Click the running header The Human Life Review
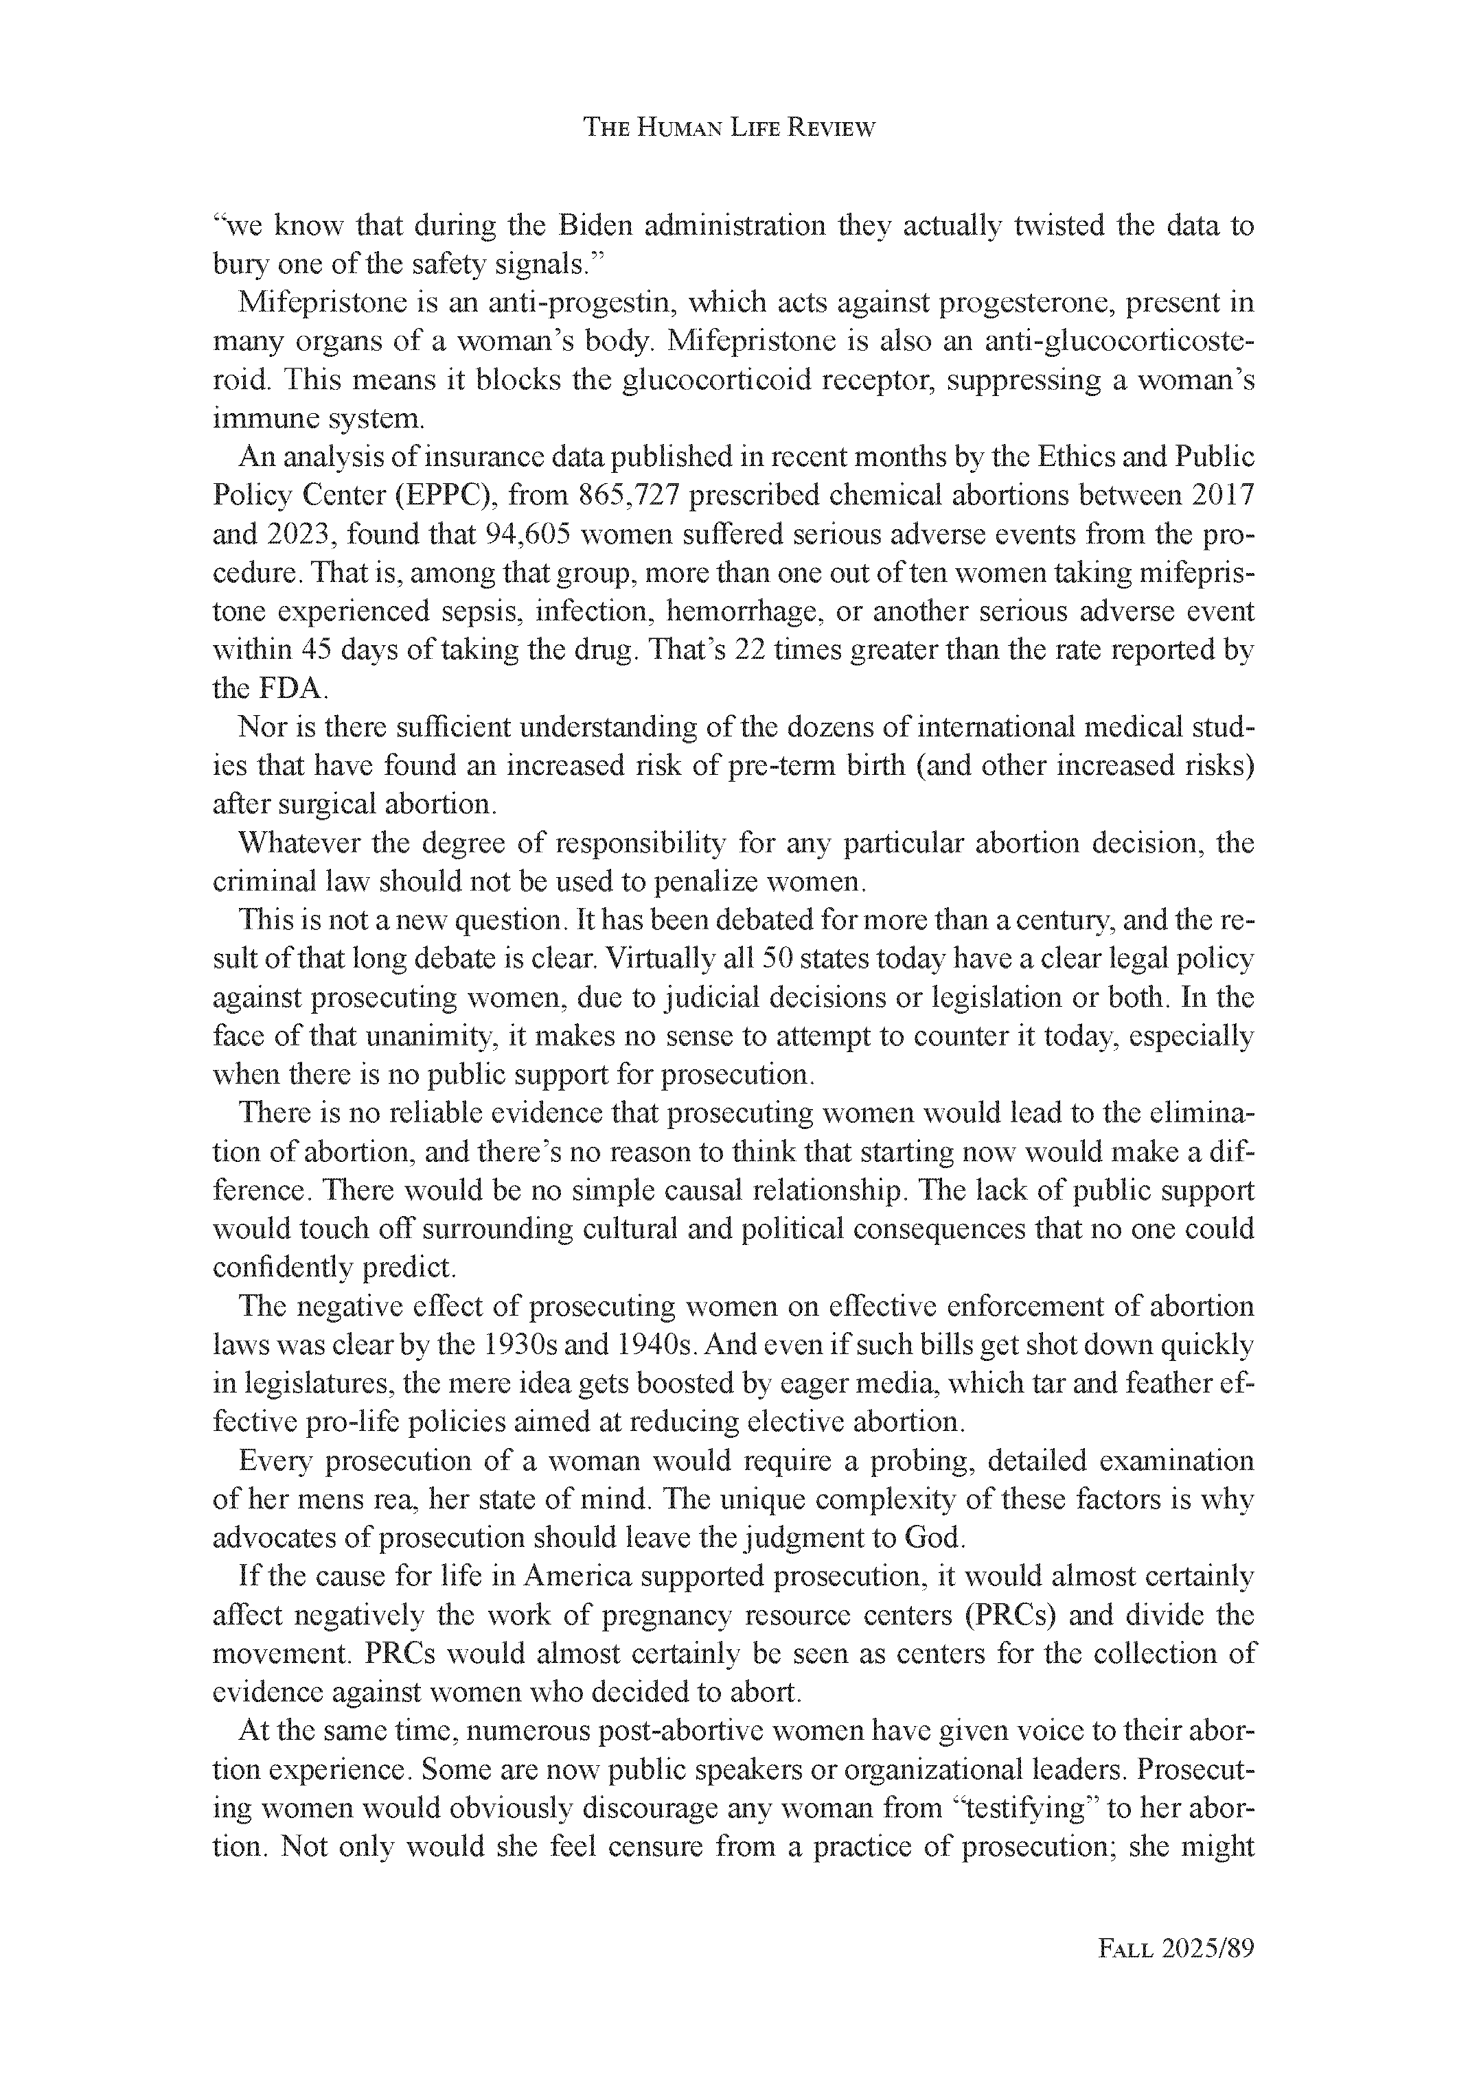(x=729, y=128)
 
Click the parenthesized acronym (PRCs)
(x=1016, y=1616)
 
